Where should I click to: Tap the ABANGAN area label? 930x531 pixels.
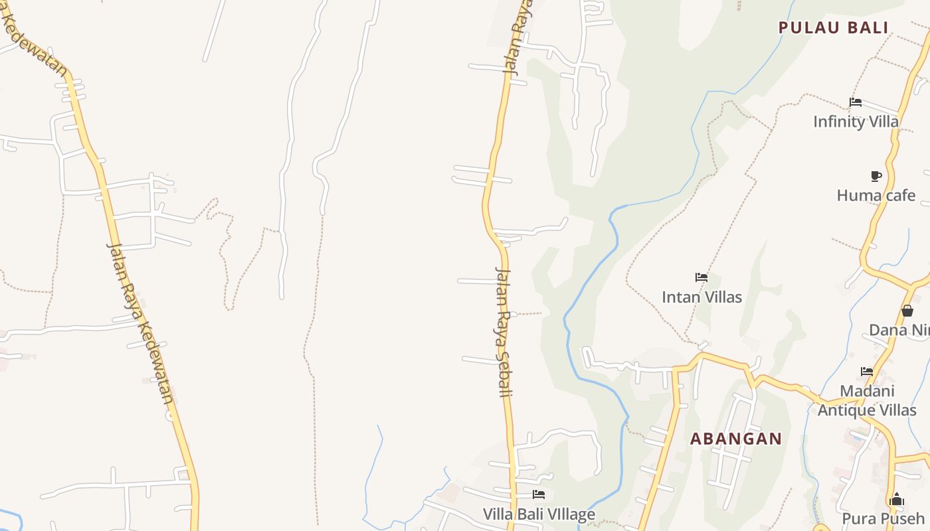(736, 439)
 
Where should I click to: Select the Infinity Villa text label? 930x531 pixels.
(856, 121)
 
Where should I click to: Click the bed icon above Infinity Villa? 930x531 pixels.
(856, 102)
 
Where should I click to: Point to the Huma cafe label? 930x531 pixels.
(876, 195)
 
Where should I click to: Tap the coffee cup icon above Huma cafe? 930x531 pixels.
(876, 176)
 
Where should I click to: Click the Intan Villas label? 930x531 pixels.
(701, 297)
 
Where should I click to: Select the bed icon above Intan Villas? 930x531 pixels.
(701, 277)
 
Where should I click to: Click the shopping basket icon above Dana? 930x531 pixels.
(907, 311)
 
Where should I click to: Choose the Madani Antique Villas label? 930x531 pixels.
(867, 401)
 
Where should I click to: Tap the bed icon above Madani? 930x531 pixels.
(867, 372)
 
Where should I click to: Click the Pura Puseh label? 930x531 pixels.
(883, 518)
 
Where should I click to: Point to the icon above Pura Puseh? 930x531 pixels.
(896, 499)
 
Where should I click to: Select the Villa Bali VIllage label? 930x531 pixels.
(539, 514)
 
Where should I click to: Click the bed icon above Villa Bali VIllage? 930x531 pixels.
(539, 494)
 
